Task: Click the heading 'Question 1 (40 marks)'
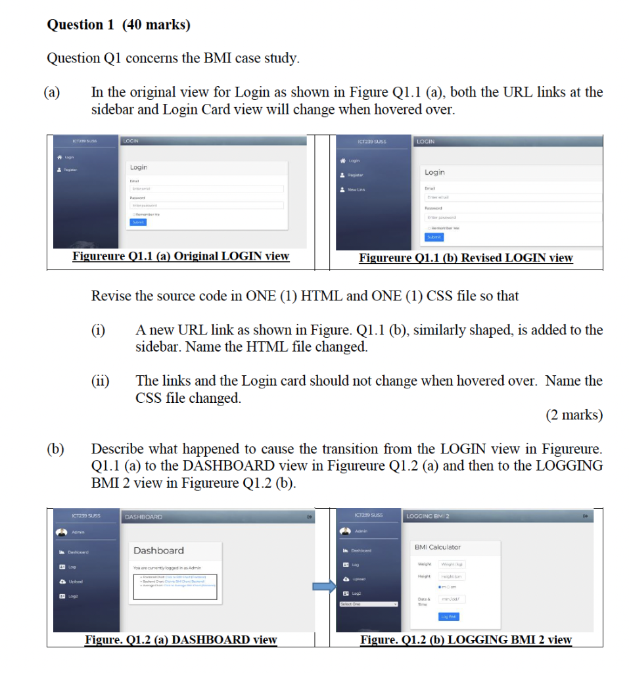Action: (x=118, y=25)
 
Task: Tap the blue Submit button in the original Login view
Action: (x=138, y=222)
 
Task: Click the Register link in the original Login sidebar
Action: (x=64, y=170)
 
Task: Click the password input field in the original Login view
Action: (x=207, y=205)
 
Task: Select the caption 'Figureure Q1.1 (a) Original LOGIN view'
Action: (x=181, y=256)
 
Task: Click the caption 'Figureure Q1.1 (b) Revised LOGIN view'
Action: (x=465, y=258)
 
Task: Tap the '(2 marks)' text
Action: (x=574, y=415)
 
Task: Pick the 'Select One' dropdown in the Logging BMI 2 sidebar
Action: (x=369, y=604)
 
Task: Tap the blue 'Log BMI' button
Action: (x=450, y=616)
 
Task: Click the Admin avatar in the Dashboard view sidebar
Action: (x=62, y=532)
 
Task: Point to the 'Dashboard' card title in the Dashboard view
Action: (x=158, y=550)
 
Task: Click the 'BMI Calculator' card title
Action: (x=437, y=547)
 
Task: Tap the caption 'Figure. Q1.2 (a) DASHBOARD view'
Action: (x=181, y=639)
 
